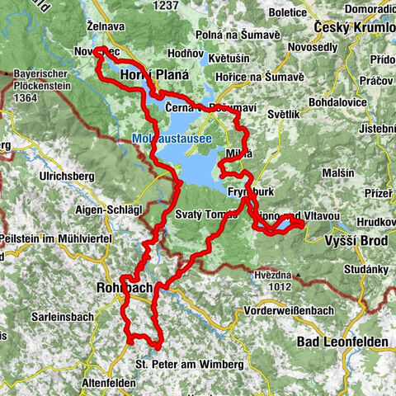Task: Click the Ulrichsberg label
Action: (68, 176)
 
